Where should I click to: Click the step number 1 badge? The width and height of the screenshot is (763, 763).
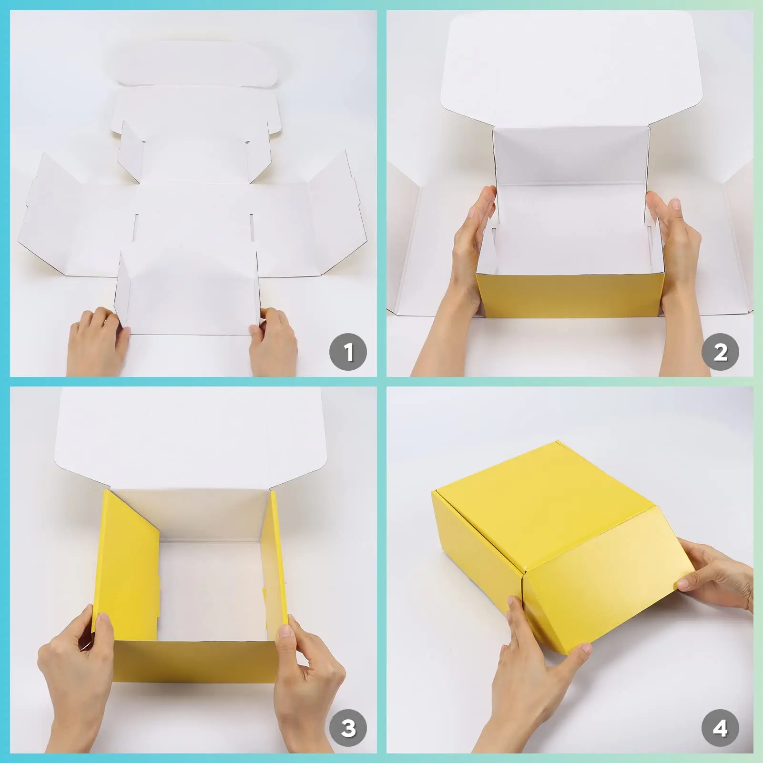(348, 352)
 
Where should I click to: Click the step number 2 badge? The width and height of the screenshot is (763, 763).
(720, 352)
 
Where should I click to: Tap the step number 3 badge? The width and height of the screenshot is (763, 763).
(348, 728)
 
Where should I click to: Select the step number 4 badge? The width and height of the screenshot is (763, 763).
(720, 728)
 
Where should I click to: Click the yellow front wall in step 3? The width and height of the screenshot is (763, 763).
(195, 660)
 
